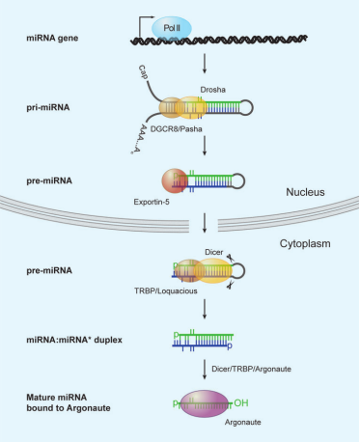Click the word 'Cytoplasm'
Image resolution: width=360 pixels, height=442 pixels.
pos(305,244)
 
